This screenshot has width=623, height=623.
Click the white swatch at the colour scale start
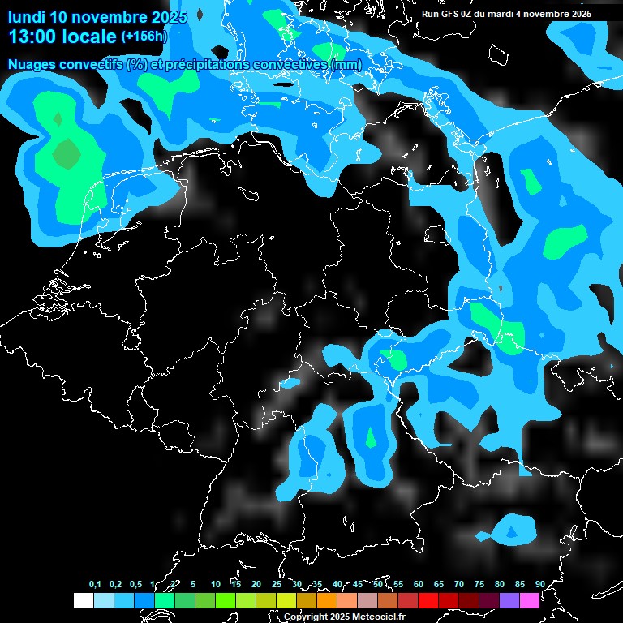[x=84, y=600]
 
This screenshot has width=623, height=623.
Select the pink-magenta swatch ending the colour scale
[x=529, y=600]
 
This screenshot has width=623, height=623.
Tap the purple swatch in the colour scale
[x=509, y=600]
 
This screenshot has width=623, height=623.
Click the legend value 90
[x=540, y=584]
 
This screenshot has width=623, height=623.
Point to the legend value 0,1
[x=95, y=584]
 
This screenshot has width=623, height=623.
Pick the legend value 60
[x=419, y=584]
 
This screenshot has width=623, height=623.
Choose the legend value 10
[x=216, y=584]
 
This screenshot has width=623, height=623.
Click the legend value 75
[x=479, y=584]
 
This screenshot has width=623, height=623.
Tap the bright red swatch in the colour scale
[x=428, y=600]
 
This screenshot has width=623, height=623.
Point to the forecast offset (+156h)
[x=144, y=37]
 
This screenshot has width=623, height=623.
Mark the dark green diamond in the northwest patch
[x=67, y=152]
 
